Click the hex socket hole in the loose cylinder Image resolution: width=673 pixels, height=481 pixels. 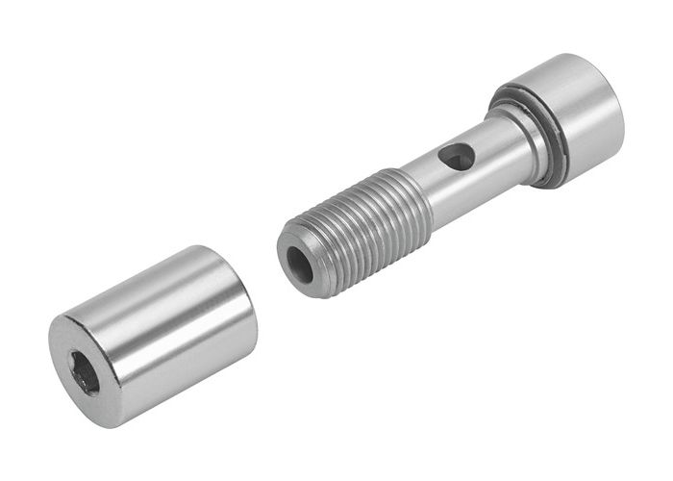[85, 370]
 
